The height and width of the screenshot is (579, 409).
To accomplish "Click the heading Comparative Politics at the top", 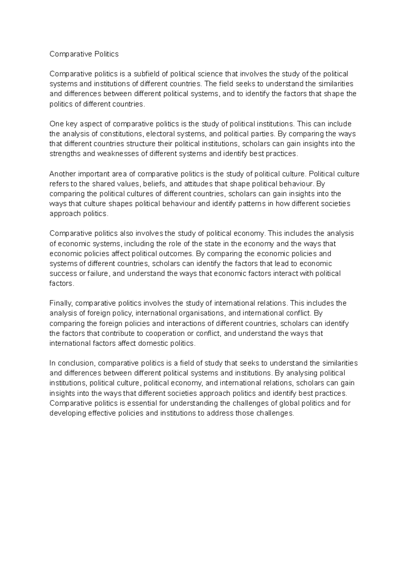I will click(84, 54).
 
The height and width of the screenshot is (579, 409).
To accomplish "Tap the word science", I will click(209, 74).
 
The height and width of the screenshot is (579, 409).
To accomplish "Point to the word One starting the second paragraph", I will click(56, 123).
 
